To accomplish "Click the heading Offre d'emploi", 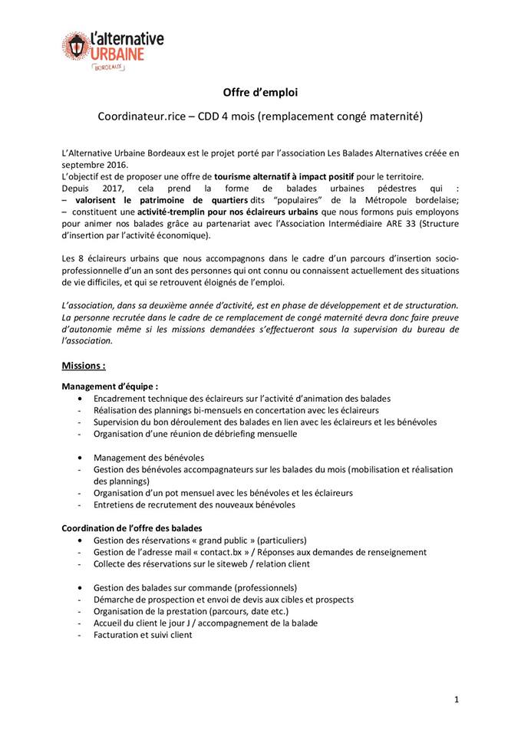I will coord(260,92).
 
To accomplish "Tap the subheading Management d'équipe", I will coord(109,386).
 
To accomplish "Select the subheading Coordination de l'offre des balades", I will coord(131,528).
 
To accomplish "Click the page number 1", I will coord(457,699).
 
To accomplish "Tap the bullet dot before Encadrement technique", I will coord(81,399).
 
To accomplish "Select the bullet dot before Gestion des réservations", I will coord(81,540).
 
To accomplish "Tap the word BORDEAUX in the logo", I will coord(109,67).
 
